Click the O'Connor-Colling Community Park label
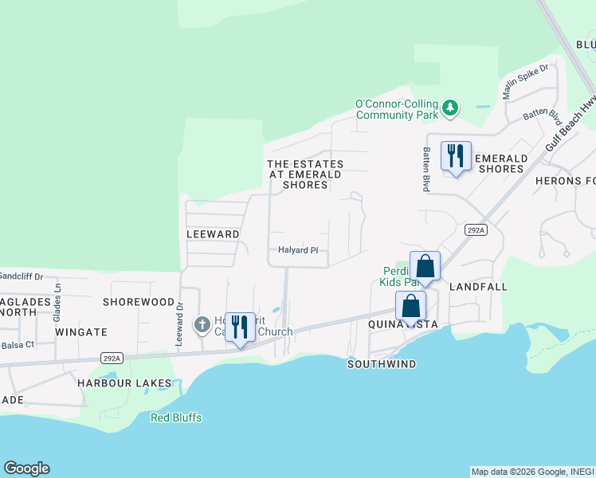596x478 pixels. click(397, 109)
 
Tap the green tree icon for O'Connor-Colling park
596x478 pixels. click(450, 107)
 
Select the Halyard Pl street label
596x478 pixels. click(298, 250)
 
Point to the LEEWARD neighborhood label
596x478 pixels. click(213, 234)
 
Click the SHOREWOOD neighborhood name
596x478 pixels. click(139, 302)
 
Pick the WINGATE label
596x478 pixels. click(81, 331)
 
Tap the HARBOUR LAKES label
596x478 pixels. click(124, 382)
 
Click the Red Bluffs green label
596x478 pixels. click(176, 417)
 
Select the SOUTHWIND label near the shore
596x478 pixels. click(382, 364)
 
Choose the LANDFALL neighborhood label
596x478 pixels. click(478, 286)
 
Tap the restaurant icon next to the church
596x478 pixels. click(240, 327)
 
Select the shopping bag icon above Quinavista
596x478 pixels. click(410, 306)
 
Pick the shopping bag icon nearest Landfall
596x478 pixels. click(425, 266)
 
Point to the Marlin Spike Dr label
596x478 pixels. click(525, 81)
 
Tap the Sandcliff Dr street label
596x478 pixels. click(22, 276)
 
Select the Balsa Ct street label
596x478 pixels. click(18, 344)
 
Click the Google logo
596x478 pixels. click(26, 468)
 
